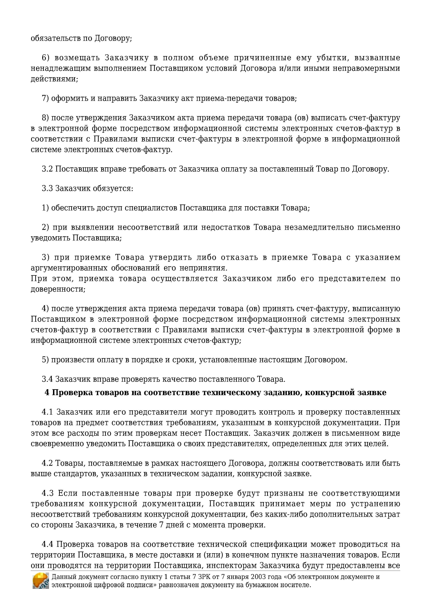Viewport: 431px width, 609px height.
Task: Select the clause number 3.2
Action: click(47, 169)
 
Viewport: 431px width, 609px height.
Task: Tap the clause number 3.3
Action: click(47, 188)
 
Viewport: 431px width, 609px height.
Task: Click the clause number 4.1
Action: click(47, 412)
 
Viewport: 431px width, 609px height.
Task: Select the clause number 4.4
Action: click(47, 544)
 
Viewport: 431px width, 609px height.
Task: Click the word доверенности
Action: click(58, 289)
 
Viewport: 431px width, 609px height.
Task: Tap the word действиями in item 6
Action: click(54, 79)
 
